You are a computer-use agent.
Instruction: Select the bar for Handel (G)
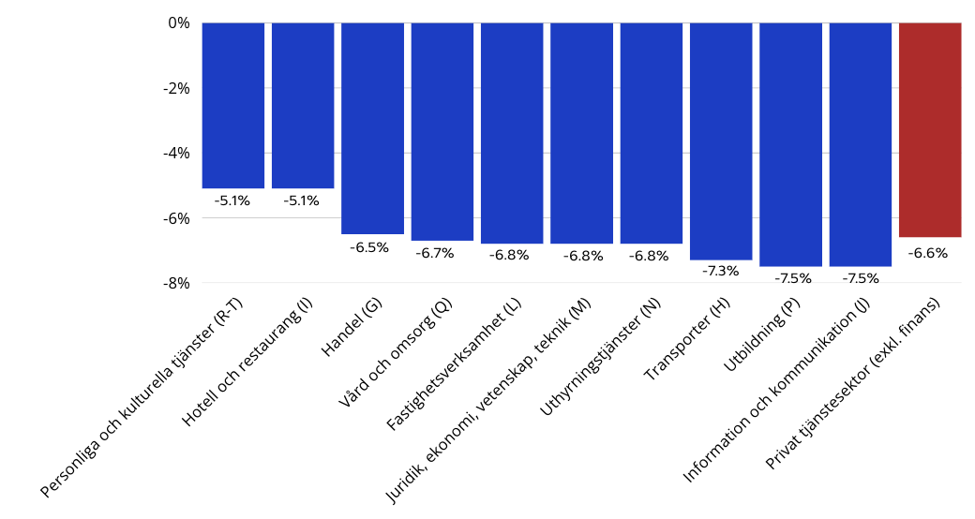[x=372, y=127]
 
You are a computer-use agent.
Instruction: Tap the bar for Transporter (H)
[x=721, y=141]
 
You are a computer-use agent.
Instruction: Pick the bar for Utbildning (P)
[x=790, y=144]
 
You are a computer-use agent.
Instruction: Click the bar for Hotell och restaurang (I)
[x=303, y=105]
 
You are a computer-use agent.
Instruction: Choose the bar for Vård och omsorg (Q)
[x=442, y=131]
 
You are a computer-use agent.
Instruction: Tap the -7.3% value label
[x=720, y=271]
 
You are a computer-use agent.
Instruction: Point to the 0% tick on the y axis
[x=179, y=22]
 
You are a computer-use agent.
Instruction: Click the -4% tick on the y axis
[x=175, y=153]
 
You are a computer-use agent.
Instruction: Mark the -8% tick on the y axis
[x=175, y=283]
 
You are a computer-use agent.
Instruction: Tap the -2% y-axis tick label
[x=175, y=88]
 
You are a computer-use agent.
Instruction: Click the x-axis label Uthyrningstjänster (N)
[x=602, y=360]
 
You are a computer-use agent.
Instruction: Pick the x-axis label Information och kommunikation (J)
[x=777, y=391]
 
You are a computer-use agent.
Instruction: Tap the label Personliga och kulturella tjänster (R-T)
[x=142, y=403]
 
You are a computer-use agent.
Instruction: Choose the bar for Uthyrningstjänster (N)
[x=652, y=133]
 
